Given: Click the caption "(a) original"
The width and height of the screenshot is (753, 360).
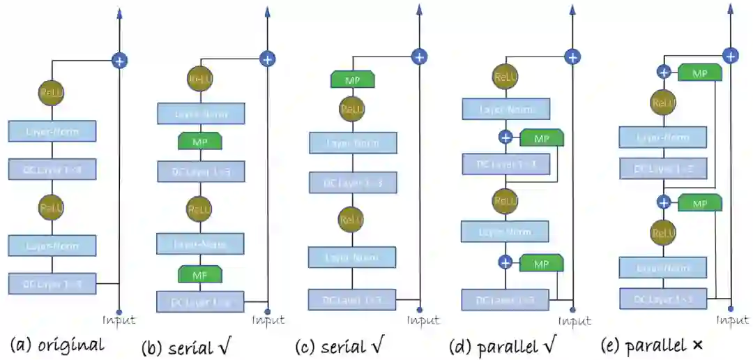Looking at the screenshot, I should [57, 345].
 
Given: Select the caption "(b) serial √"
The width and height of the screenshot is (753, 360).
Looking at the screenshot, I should [186, 347].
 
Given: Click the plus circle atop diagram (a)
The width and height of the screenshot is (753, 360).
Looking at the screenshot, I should [120, 61].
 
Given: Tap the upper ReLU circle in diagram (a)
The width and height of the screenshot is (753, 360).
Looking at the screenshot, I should [50, 92].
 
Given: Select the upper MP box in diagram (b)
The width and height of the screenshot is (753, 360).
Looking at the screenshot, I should [201, 142].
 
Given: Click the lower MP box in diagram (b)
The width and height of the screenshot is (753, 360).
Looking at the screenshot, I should [200, 274].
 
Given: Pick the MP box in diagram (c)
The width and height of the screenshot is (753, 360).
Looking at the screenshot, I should [353, 79].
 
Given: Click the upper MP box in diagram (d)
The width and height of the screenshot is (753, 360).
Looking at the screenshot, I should [542, 138].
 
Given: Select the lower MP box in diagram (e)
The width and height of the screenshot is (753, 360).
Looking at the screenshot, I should [699, 203].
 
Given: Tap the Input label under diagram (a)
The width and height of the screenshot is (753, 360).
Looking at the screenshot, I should [119, 321].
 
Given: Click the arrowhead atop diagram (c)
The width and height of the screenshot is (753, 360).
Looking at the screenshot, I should [419, 10].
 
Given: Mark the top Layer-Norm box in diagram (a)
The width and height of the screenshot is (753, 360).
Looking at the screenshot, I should [52, 130].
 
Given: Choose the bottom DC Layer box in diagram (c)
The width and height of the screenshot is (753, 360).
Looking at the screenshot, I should [353, 299].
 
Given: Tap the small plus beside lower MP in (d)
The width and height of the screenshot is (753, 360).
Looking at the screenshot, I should [505, 262].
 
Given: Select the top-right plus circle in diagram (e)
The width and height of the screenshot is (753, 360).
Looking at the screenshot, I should [730, 56].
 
